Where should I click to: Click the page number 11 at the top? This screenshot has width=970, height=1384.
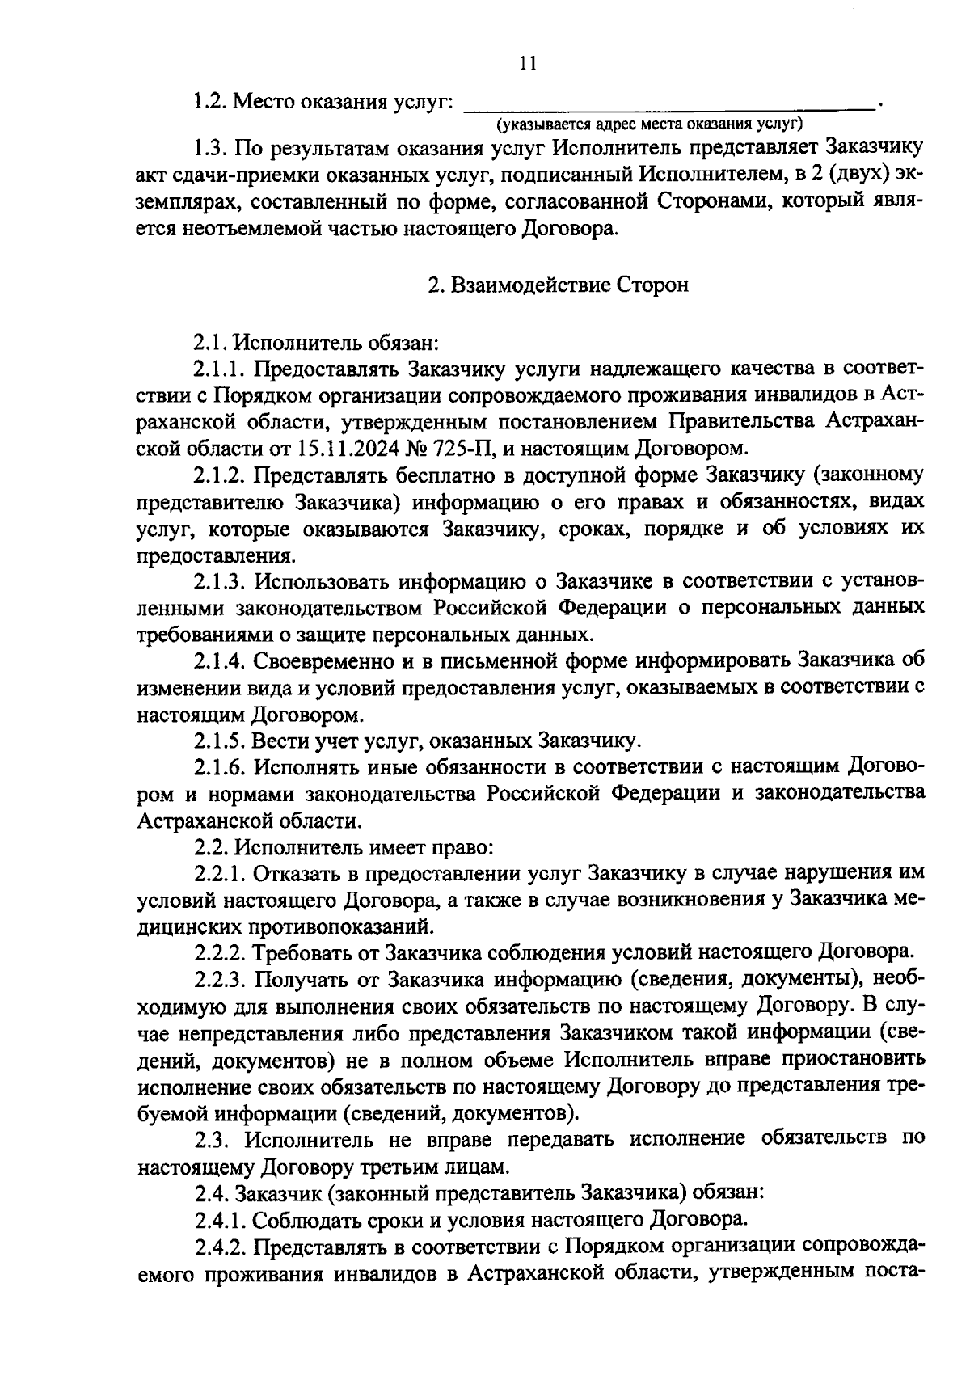click(529, 64)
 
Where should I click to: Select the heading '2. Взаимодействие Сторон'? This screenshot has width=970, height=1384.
click(558, 285)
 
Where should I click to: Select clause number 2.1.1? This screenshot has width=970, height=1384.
click(219, 369)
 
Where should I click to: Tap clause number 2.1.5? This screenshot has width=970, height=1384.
click(219, 741)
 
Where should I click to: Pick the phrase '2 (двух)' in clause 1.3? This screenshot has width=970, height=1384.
click(816, 175)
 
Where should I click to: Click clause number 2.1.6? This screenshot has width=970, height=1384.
click(219, 766)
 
